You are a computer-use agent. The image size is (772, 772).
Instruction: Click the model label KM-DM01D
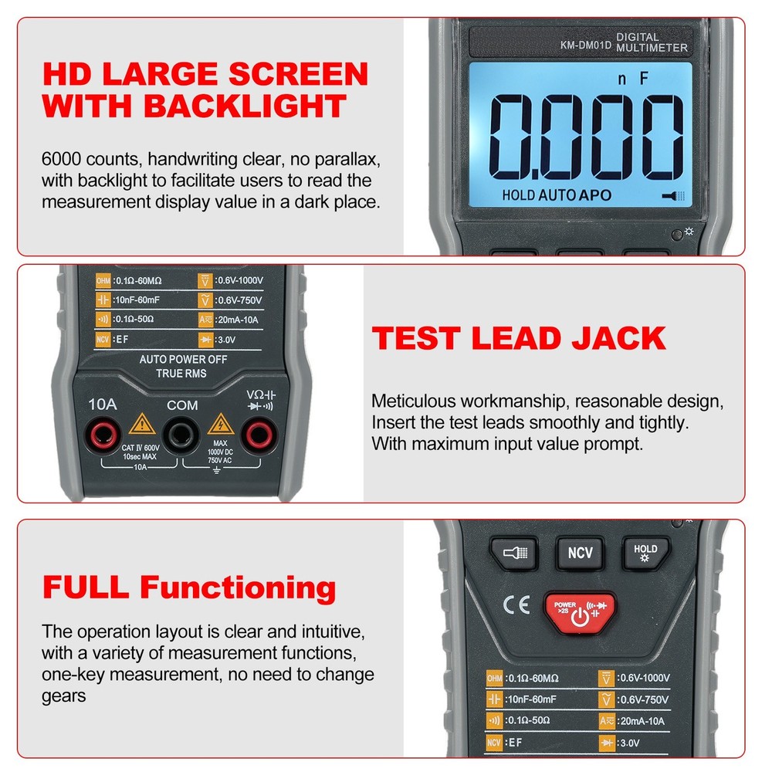pos(585,45)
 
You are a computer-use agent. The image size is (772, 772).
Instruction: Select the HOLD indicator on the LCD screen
pos(518,195)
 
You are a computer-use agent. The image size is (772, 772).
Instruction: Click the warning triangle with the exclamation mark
pos(141,424)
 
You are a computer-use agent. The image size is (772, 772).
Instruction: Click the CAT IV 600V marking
pos(141,447)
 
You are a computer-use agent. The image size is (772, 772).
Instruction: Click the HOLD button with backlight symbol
pos(645,553)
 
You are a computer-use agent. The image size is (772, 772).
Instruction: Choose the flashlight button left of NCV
pos(514,553)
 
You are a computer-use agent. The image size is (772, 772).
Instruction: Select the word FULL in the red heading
pos(86,587)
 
